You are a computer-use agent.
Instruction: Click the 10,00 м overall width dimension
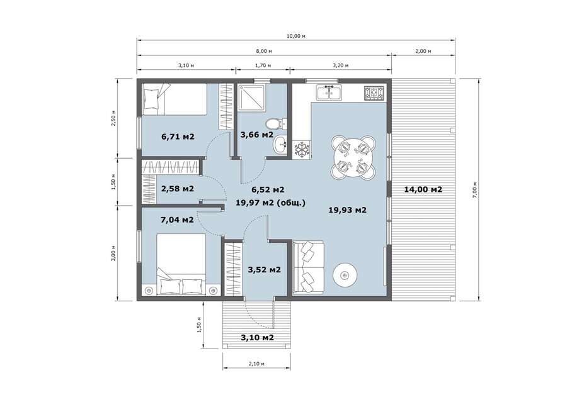pos(296,36)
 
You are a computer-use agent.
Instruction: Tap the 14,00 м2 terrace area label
pos(423,189)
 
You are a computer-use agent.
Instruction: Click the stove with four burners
pos(374,93)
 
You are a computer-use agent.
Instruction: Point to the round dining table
pos(353,158)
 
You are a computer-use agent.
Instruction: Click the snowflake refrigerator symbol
pos(301,150)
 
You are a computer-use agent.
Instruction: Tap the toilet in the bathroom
pos(276,123)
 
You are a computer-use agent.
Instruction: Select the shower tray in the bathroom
pos(251,98)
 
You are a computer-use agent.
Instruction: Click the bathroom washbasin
pos(280,145)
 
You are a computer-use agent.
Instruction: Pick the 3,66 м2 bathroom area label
pos(257,135)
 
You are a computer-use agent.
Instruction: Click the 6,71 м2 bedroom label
pos(178,136)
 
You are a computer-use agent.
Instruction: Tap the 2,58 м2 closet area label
pos(177,189)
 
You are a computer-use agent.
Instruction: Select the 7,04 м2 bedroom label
pos(177,219)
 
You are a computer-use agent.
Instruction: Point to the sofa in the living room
pos(309,267)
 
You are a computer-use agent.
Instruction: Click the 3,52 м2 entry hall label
pos(265,269)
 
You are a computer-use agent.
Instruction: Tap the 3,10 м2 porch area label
pos(257,338)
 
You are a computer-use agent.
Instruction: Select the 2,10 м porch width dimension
pos(256,364)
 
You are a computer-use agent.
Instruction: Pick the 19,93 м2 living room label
pos(348,209)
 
